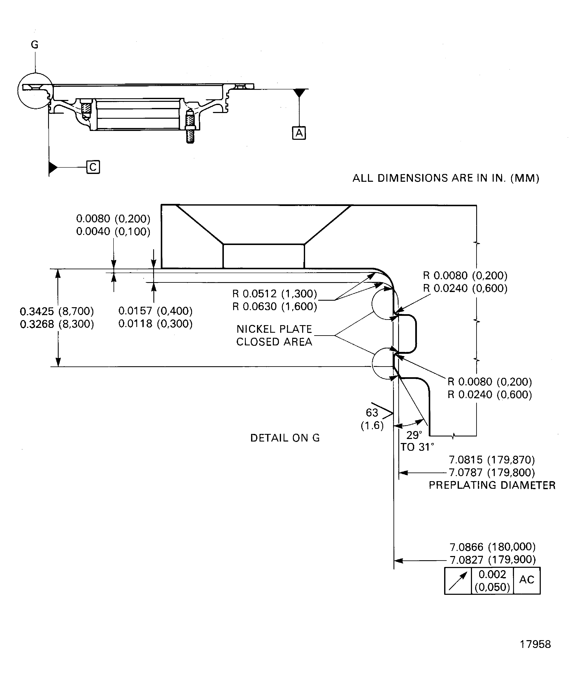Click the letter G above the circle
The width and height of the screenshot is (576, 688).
pyautogui.click(x=35, y=44)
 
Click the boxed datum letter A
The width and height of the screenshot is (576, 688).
pyautogui.click(x=299, y=133)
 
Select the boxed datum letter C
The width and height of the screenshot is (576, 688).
pyautogui.click(x=93, y=167)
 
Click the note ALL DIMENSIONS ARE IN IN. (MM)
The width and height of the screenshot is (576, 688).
pyautogui.click(x=446, y=178)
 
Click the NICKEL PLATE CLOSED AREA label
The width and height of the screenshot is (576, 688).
pyautogui.click(x=274, y=335)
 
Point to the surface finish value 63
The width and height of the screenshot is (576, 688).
pyautogui.click(x=372, y=412)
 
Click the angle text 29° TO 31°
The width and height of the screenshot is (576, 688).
pyautogui.click(x=417, y=441)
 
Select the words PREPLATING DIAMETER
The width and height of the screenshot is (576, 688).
pyautogui.click(x=492, y=485)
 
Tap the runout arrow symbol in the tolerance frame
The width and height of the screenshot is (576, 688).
pyautogui.click(x=458, y=581)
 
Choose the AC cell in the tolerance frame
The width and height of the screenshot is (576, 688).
pyautogui.click(x=526, y=580)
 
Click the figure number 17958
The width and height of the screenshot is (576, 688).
pyautogui.click(x=535, y=644)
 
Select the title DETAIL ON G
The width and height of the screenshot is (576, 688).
pyautogui.click(x=285, y=438)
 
